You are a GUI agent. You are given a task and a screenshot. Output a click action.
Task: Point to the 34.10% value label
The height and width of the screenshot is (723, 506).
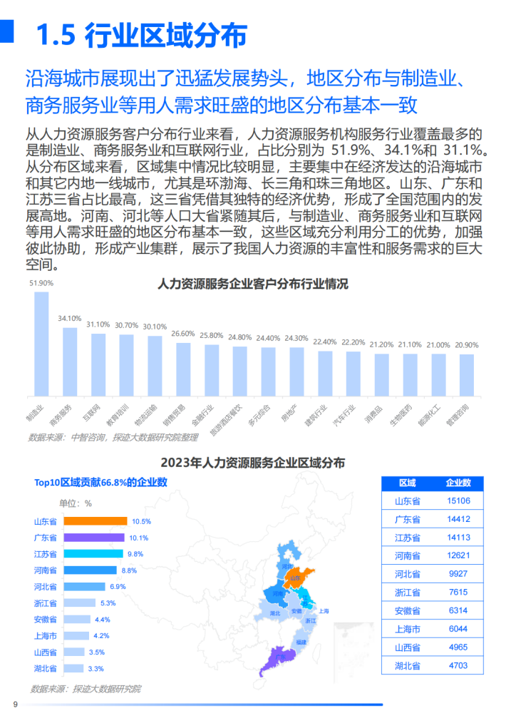click(x=70, y=318)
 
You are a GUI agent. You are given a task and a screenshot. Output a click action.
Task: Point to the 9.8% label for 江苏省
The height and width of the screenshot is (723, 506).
click(x=135, y=554)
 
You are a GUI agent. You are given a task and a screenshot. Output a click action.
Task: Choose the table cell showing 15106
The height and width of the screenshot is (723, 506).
click(x=458, y=501)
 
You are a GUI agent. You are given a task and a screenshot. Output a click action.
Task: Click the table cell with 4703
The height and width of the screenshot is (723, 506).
click(x=458, y=665)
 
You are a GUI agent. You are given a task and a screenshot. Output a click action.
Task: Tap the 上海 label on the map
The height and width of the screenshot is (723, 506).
click(x=324, y=611)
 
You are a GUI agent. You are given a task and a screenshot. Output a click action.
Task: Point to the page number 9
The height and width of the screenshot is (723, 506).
click(x=16, y=705)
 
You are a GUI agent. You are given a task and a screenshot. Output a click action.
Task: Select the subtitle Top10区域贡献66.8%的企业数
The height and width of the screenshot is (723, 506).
click(x=100, y=482)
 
